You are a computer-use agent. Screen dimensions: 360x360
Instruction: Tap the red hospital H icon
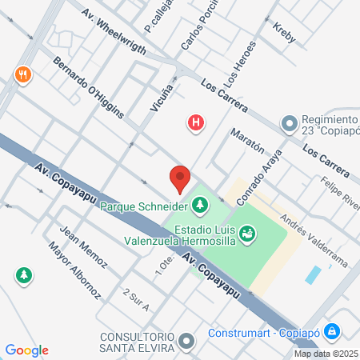[195, 123]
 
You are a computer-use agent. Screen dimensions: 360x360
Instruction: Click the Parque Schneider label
[143, 206]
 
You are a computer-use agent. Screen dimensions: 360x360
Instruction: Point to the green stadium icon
[248, 233]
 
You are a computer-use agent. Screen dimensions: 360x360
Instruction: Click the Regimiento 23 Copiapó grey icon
[289, 123]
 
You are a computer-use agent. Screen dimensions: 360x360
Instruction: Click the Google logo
[27, 350]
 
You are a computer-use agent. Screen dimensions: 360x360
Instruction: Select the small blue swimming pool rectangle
[314, 275]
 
